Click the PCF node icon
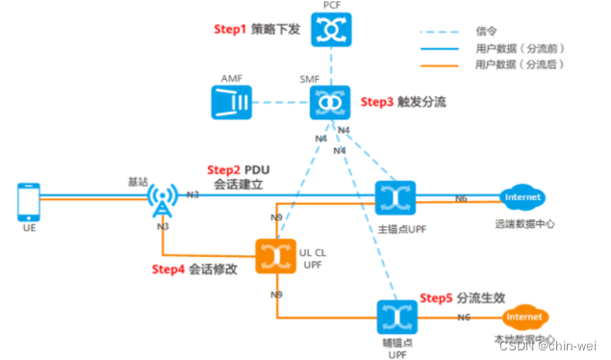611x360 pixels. [329, 32]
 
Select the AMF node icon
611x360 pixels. [230, 102]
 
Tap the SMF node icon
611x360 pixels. [329, 102]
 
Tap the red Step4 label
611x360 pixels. [169, 269]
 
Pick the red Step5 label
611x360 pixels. [438, 298]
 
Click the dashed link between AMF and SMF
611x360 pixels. [279, 102]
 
